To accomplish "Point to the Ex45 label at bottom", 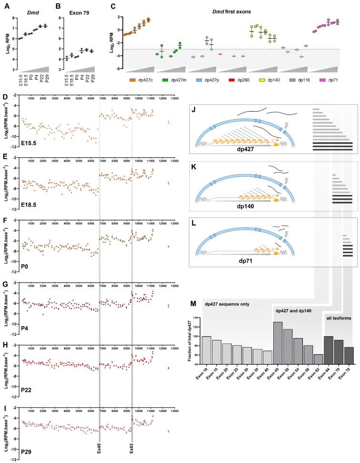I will point(99,448).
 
